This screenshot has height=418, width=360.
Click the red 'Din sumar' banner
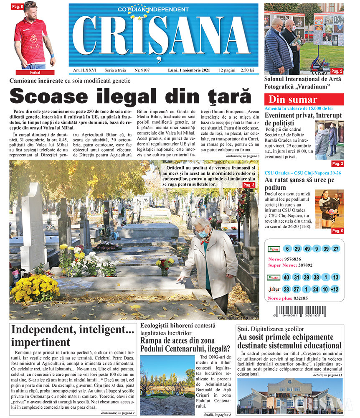coord(304,99)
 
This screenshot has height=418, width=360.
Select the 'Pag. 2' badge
coord(336,71)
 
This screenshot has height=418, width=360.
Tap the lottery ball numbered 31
coord(297,277)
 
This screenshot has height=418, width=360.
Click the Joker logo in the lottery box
coord(274,289)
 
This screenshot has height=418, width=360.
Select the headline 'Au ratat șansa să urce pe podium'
coord(299,184)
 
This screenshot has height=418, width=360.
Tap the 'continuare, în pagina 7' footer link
coord(118,413)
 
